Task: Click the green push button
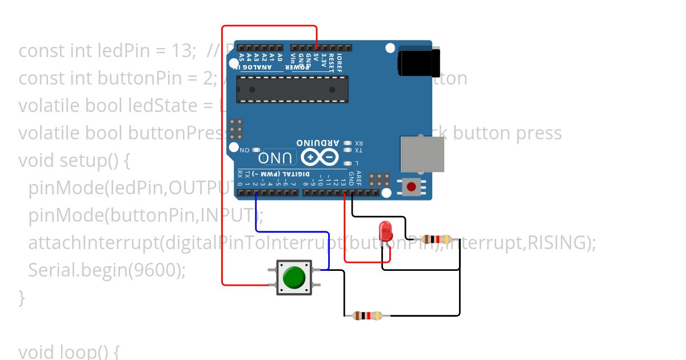[294, 277]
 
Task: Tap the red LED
[386, 231]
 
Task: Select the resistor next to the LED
[436, 239]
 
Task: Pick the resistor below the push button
[367, 315]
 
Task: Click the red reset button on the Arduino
[411, 186]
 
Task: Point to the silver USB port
[422, 154]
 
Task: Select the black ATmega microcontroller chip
[292, 89]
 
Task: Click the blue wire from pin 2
[292, 232]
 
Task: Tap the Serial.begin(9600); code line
[107, 270]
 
